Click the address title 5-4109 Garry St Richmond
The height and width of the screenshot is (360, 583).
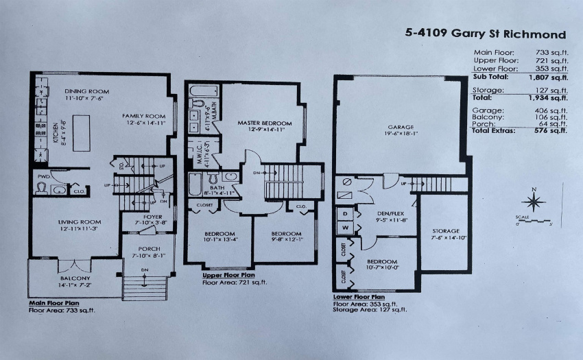point(486,34)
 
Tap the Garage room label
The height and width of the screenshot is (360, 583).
point(401,127)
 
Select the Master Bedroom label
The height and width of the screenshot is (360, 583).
point(265,123)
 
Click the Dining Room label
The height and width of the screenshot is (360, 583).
point(87,91)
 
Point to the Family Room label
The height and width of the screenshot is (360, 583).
point(144,116)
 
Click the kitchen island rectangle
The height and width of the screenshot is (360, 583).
point(82,133)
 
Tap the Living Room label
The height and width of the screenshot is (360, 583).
point(80,222)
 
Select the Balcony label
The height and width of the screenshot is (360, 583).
point(75,278)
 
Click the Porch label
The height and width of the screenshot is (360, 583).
point(149,249)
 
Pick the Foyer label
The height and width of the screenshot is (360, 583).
point(153,217)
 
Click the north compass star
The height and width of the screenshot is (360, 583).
point(534,202)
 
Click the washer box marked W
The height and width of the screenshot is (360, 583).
point(346,228)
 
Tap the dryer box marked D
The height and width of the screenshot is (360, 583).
point(346,213)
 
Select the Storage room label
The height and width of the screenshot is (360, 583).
point(446,231)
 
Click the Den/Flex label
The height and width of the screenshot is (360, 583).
point(386,214)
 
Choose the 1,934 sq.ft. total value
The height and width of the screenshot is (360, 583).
point(548,98)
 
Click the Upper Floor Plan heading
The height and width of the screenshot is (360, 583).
point(228,275)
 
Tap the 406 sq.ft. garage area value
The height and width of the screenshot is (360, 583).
point(551,110)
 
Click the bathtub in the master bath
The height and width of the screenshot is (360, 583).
point(204,91)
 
